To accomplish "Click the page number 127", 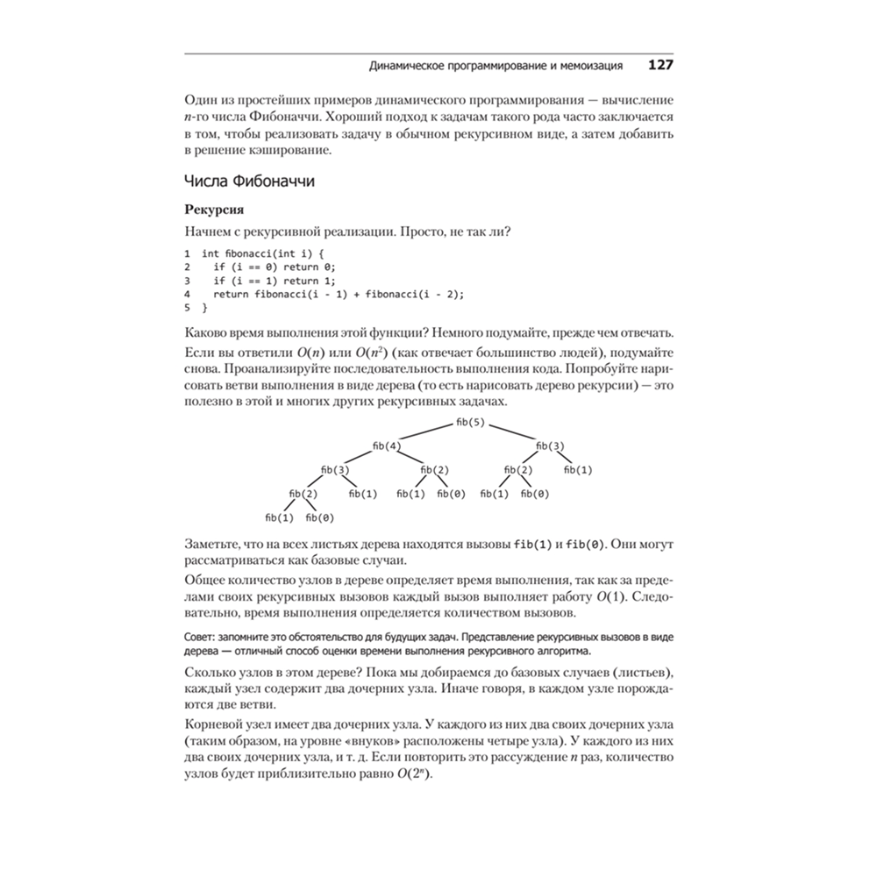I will click(660, 65).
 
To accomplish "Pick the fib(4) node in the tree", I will click(387, 446).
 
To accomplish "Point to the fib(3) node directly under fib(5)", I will click(550, 446).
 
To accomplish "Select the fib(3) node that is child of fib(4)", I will click(336, 470).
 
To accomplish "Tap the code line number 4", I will click(188, 295).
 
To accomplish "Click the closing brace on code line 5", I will click(205, 309).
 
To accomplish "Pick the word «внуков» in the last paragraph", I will click(372, 740).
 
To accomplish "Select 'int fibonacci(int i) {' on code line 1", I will click(262, 253).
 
